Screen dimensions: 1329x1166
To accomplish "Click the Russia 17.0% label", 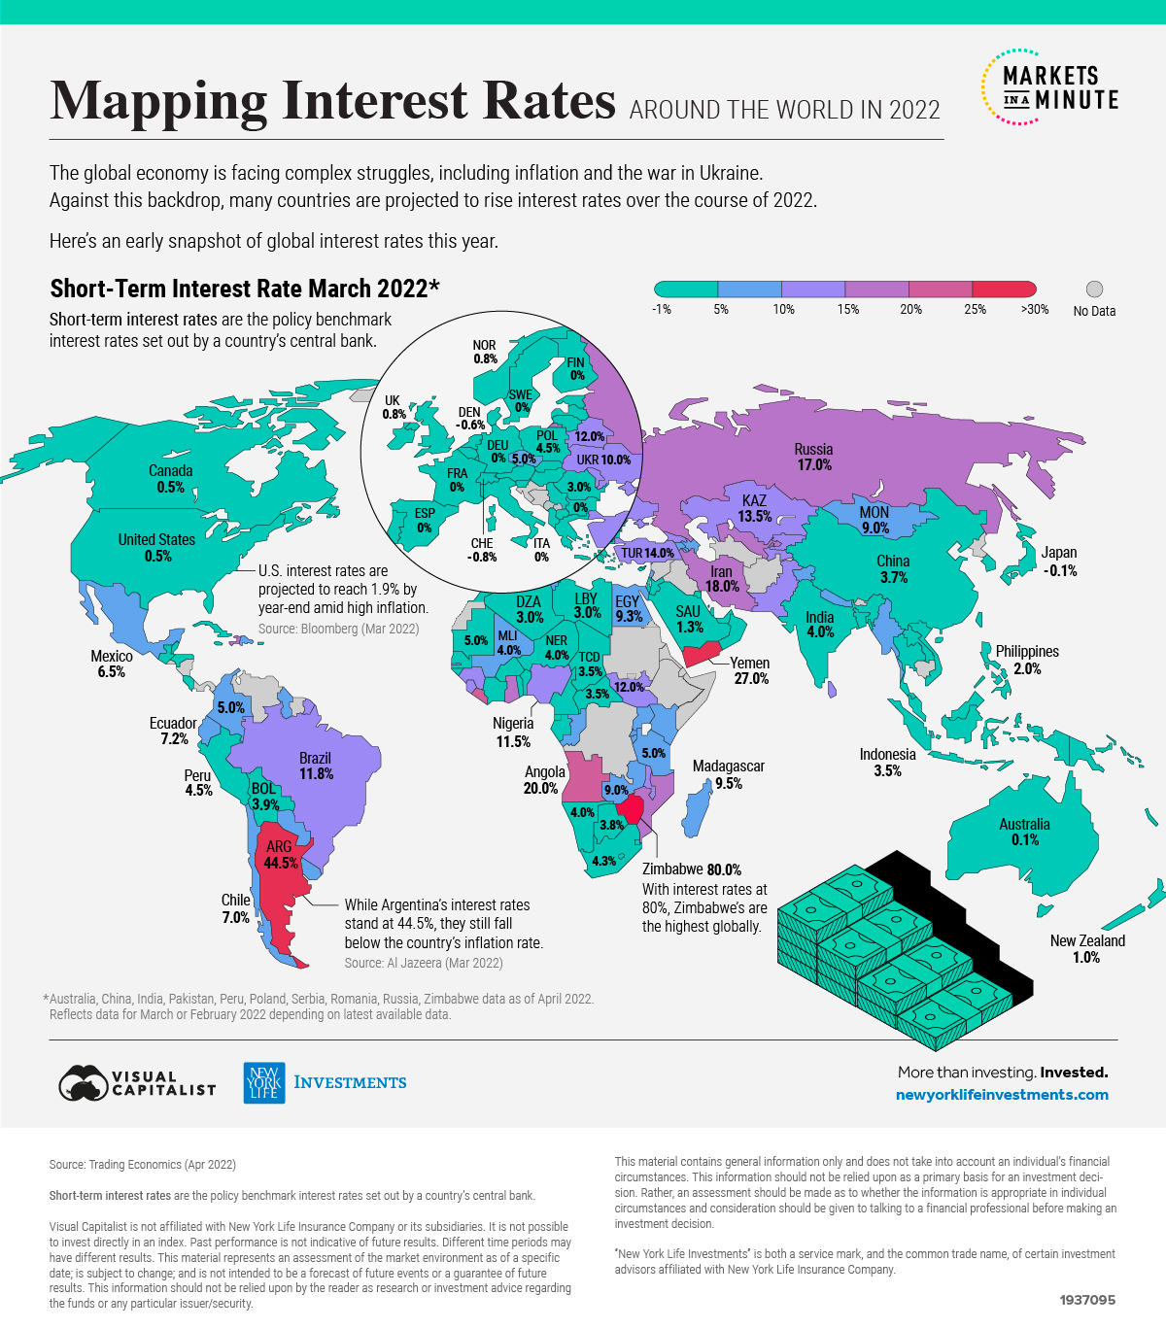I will (813, 457).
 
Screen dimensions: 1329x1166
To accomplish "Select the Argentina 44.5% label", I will (280, 855).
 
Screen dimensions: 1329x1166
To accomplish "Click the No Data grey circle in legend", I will (1094, 290).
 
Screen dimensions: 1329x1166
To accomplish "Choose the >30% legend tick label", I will (1035, 310).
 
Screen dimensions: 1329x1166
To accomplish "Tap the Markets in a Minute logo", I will (1049, 87).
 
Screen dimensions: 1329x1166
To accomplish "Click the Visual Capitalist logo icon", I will (83, 1083).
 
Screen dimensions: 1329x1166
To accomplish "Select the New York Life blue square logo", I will (263, 1082).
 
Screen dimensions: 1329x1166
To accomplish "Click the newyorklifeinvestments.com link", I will (1002, 1095).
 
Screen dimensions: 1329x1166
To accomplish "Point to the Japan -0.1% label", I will (1059, 562).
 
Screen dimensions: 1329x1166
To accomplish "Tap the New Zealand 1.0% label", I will (1087, 949).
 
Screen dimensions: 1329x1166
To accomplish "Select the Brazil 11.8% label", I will (316, 766).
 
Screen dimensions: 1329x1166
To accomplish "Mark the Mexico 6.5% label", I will (112, 664).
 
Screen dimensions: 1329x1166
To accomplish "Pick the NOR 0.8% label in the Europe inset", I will (485, 352).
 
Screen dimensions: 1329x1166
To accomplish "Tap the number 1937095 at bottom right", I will (1087, 1300).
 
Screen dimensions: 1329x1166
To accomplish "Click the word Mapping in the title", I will (158, 100).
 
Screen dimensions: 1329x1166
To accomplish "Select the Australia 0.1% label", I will (1024, 832).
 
